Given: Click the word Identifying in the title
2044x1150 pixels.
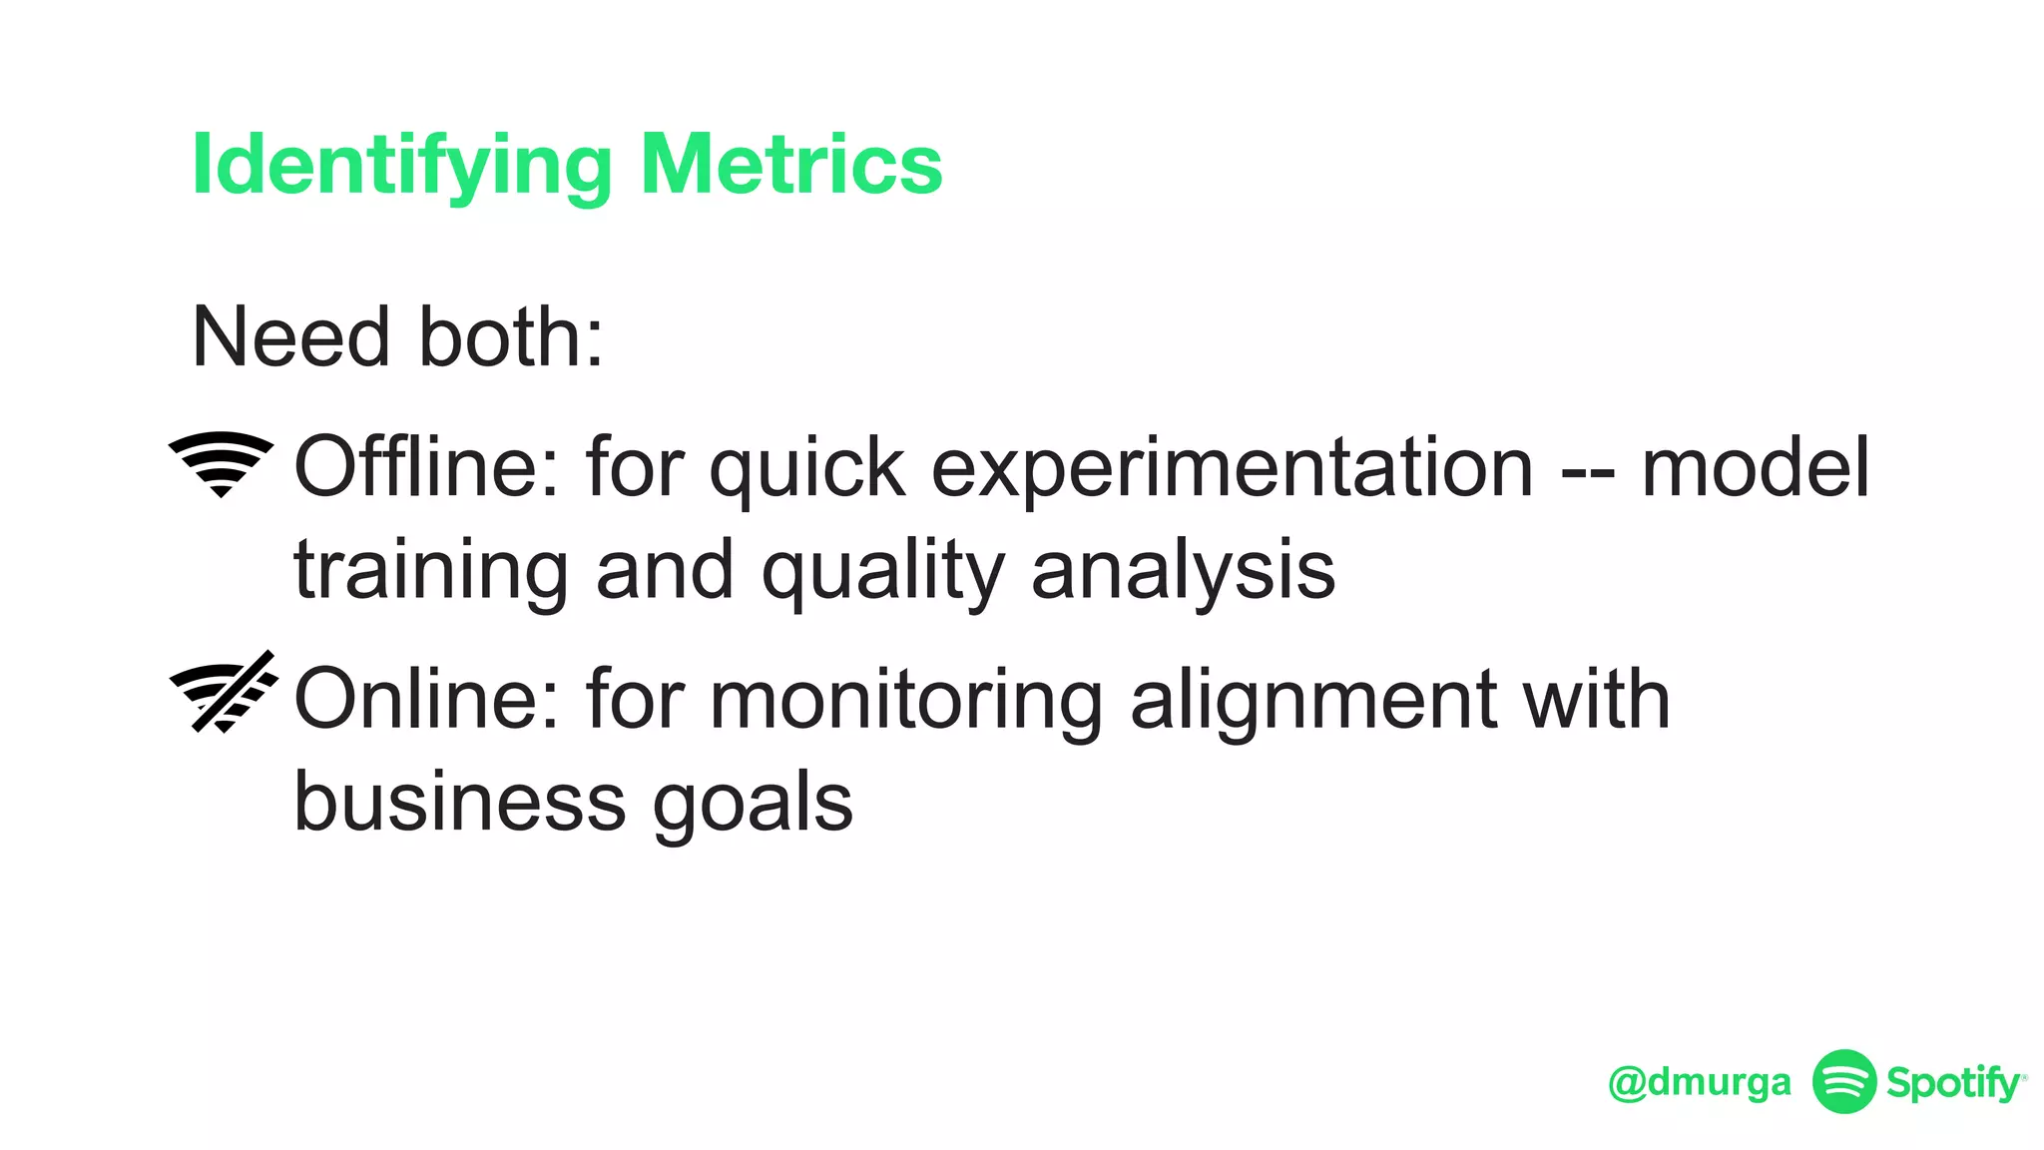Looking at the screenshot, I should pos(400,166).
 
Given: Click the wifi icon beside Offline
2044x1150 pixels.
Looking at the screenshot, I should pos(221,463).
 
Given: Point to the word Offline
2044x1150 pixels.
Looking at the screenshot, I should pos(426,467).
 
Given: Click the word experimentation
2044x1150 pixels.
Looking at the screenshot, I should pos(1232,469).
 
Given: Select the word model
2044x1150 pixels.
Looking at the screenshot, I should pos(1756,467).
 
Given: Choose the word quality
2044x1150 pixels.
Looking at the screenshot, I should pos(882,572).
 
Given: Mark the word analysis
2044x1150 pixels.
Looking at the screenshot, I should pos(1183,572).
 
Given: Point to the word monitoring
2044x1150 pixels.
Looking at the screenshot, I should pos(906,702).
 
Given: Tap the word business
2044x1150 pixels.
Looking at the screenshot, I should pos(460,803).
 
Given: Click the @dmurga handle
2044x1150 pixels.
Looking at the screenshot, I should pos(1700,1082).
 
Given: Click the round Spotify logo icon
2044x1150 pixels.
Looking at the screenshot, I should pos(1844,1081).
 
